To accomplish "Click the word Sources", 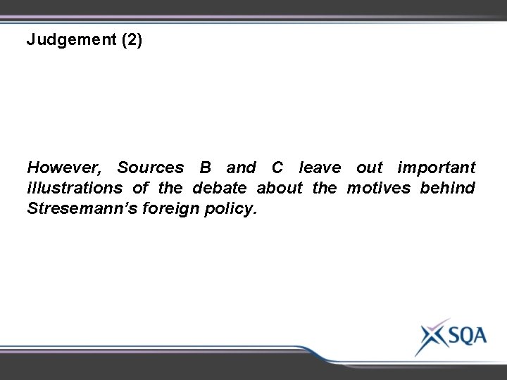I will click(150, 168).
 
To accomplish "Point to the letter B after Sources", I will click(206, 168).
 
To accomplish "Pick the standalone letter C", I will click(278, 168).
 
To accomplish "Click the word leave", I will click(320, 168).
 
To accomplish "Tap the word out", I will click(370, 168).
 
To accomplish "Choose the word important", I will click(437, 169).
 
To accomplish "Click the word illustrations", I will click(77, 189).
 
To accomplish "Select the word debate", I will click(219, 189).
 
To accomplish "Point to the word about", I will click(279, 189).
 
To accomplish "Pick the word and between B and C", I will click(241, 168).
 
